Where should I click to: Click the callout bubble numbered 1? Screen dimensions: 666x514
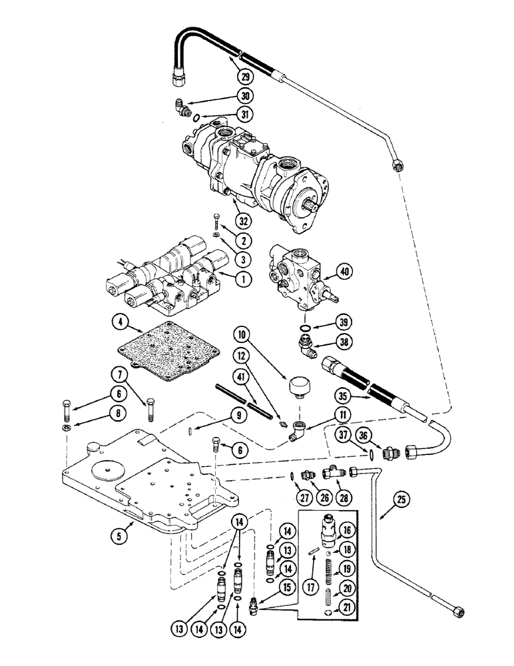(x=227, y=280)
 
